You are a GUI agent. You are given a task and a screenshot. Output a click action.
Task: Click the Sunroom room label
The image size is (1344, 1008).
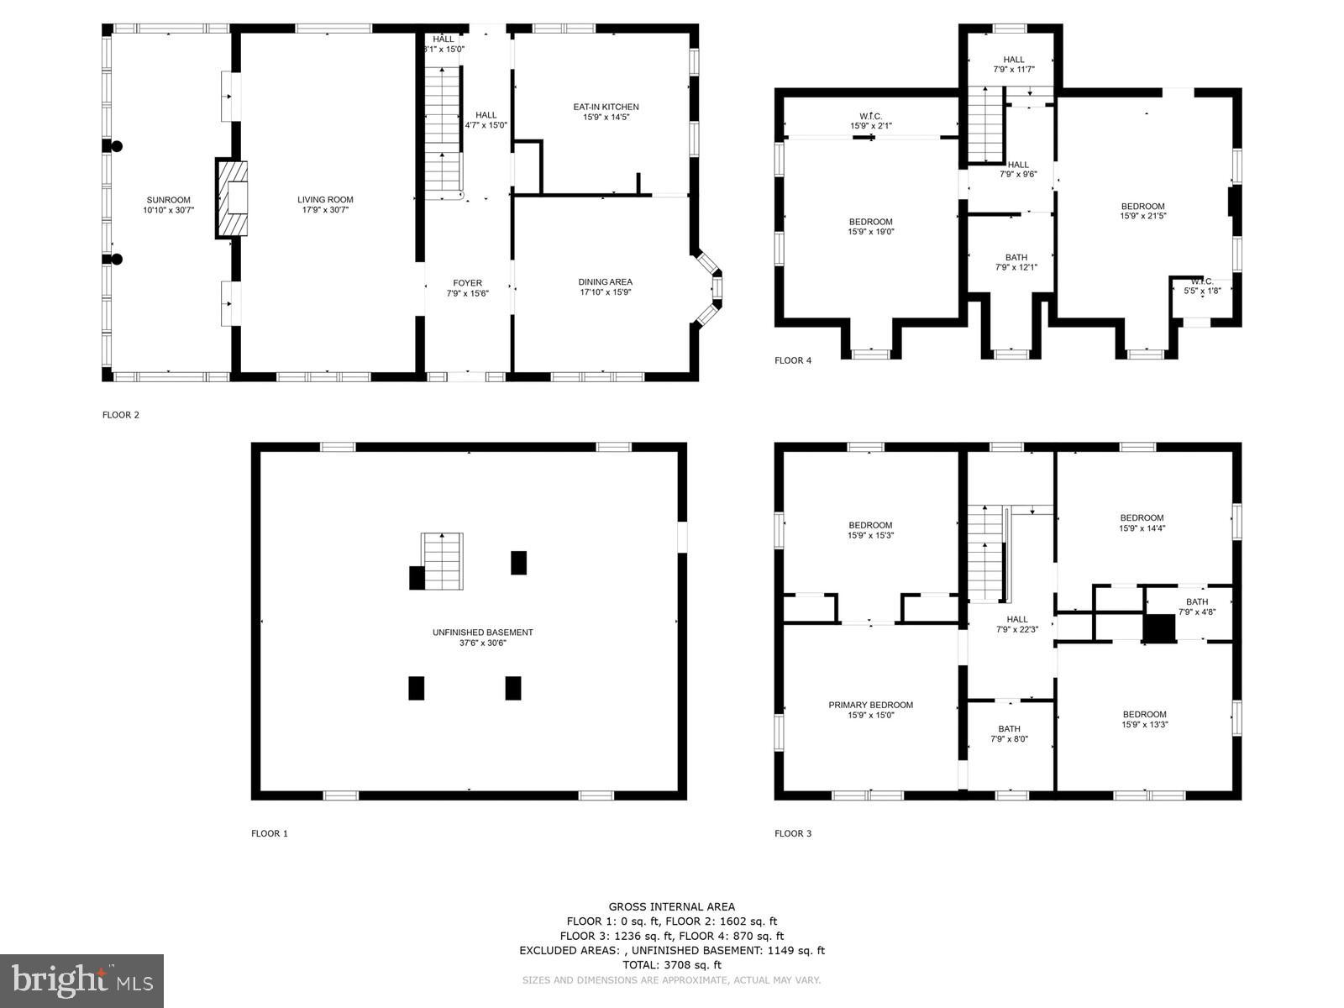[168, 200]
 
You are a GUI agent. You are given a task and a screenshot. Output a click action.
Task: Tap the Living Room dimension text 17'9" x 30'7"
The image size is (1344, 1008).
[325, 210]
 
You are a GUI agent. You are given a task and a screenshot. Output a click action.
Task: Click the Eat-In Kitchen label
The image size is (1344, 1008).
[606, 107]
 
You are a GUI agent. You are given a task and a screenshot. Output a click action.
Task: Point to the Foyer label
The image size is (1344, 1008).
[468, 283]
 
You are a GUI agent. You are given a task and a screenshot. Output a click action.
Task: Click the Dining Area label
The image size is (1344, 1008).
[605, 282]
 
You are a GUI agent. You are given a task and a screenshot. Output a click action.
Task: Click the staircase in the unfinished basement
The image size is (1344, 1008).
[442, 560]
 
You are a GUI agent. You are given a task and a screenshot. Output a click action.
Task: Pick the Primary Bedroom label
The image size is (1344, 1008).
[870, 705]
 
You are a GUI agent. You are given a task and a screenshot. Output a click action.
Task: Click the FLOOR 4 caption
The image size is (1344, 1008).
[793, 360]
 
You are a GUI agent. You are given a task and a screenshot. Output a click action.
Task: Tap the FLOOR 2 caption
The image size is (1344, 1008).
[121, 414]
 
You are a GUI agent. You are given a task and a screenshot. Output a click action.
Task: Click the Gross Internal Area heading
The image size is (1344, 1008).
[671, 906]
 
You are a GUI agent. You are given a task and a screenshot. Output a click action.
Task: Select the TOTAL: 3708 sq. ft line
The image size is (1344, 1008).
[671, 965]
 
